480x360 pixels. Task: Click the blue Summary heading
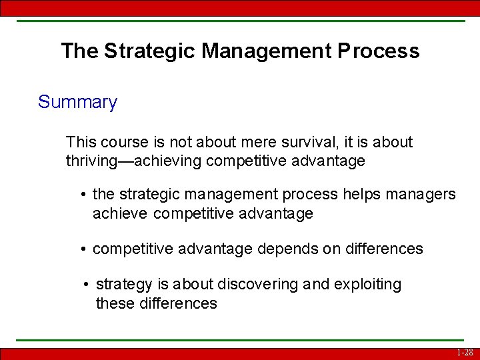[x=77, y=102]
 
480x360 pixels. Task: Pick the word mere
[x=254, y=142]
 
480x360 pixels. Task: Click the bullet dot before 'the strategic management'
[x=83, y=195]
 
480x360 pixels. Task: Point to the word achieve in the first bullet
[x=120, y=213]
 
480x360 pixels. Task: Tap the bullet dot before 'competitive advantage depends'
[x=83, y=249]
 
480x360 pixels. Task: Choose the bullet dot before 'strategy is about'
[x=87, y=285]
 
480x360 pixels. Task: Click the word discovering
[x=259, y=285]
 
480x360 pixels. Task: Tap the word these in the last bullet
[x=116, y=303]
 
